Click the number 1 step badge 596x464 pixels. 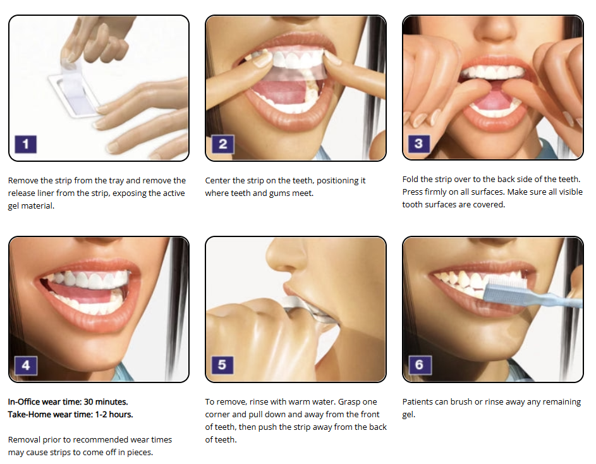point(25,144)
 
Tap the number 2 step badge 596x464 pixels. point(222,144)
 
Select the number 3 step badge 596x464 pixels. point(419,143)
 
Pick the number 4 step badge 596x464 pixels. point(25,365)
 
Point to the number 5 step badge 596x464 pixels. point(222,365)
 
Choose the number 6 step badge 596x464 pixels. point(420,365)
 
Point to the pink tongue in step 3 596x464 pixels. point(493,100)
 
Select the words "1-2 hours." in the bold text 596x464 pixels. point(114,415)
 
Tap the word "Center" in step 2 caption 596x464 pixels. point(217,181)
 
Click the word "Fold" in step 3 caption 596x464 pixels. point(410,179)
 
